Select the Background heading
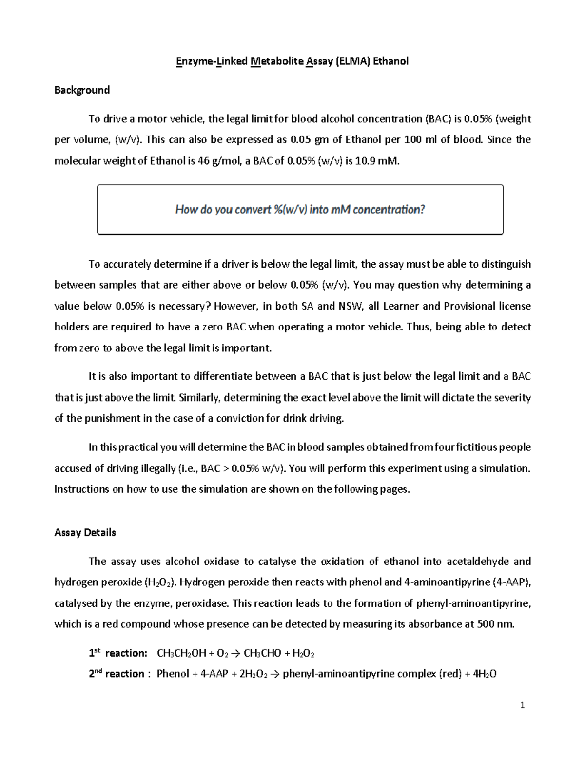point(82,90)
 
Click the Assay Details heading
point(85,533)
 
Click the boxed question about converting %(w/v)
point(300,210)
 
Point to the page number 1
point(522,705)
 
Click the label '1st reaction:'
point(118,653)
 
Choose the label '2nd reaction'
point(117,674)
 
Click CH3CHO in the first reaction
point(262,654)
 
